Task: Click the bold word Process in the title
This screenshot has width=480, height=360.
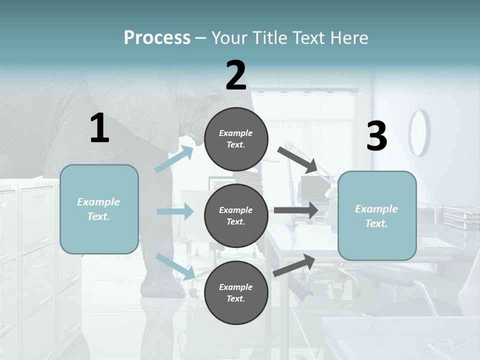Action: coord(157,37)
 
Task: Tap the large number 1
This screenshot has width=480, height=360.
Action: coord(99,128)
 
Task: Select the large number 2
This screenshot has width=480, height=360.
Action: coord(236,75)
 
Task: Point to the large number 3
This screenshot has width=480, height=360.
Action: coord(377,136)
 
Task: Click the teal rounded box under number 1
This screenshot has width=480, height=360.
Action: coord(99,209)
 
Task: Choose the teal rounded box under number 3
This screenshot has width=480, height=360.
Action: coord(377,215)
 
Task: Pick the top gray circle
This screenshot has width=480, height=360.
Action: coord(236,139)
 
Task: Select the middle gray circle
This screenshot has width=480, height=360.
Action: coord(236,215)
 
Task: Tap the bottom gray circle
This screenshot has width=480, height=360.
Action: coord(236,292)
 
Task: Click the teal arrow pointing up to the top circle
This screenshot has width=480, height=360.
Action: coord(174,159)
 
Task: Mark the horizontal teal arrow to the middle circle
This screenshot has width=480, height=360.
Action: coord(175,211)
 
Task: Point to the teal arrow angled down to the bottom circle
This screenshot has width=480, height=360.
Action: coord(175,266)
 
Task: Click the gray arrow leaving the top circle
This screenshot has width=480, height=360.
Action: coord(297,159)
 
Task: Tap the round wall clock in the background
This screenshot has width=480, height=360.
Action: coord(418,132)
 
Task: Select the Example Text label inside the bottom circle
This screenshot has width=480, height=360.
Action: coord(236,292)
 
